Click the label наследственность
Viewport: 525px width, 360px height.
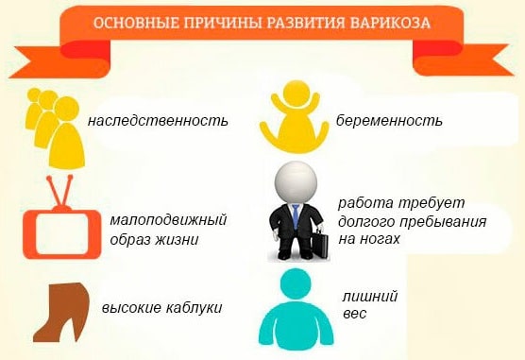[158, 122]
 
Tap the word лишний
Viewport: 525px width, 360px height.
[365, 295]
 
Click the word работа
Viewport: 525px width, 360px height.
[364, 204]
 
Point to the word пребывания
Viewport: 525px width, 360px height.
[443, 222]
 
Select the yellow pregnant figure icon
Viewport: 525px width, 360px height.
[295, 118]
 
